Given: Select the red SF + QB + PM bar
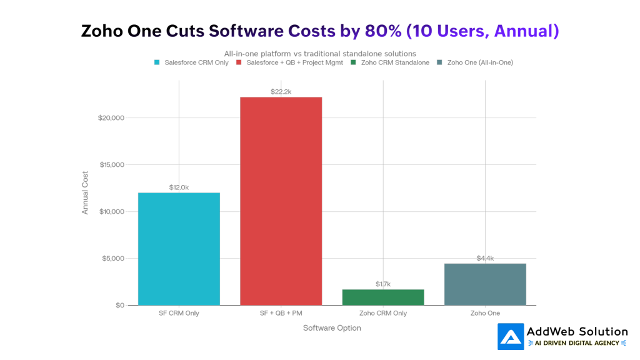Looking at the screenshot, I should click(x=281, y=201).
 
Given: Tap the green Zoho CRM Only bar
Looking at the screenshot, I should click(x=383, y=297).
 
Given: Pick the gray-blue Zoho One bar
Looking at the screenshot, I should click(x=485, y=284).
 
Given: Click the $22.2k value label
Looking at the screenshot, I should click(x=281, y=91).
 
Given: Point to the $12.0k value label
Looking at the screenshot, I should click(x=179, y=187).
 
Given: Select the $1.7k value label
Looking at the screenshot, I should click(x=383, y=284).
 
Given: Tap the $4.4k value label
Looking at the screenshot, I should click(x=485, y=258).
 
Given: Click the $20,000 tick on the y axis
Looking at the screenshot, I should click(x=112, y=118).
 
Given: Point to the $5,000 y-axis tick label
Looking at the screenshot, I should click(x=114, y=259).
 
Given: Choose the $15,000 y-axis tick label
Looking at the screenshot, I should click(x=112, y=165).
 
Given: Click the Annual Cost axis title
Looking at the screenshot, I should click(x=85, y=194).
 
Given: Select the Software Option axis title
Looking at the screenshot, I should click(x=332, y=327).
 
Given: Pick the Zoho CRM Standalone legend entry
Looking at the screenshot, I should click(x=394, y=62).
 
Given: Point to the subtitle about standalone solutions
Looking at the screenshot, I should click(x=320, y=54).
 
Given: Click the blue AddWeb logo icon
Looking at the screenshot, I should click(x=511, y=336).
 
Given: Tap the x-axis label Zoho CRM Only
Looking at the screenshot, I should click(x=383, y=313).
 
